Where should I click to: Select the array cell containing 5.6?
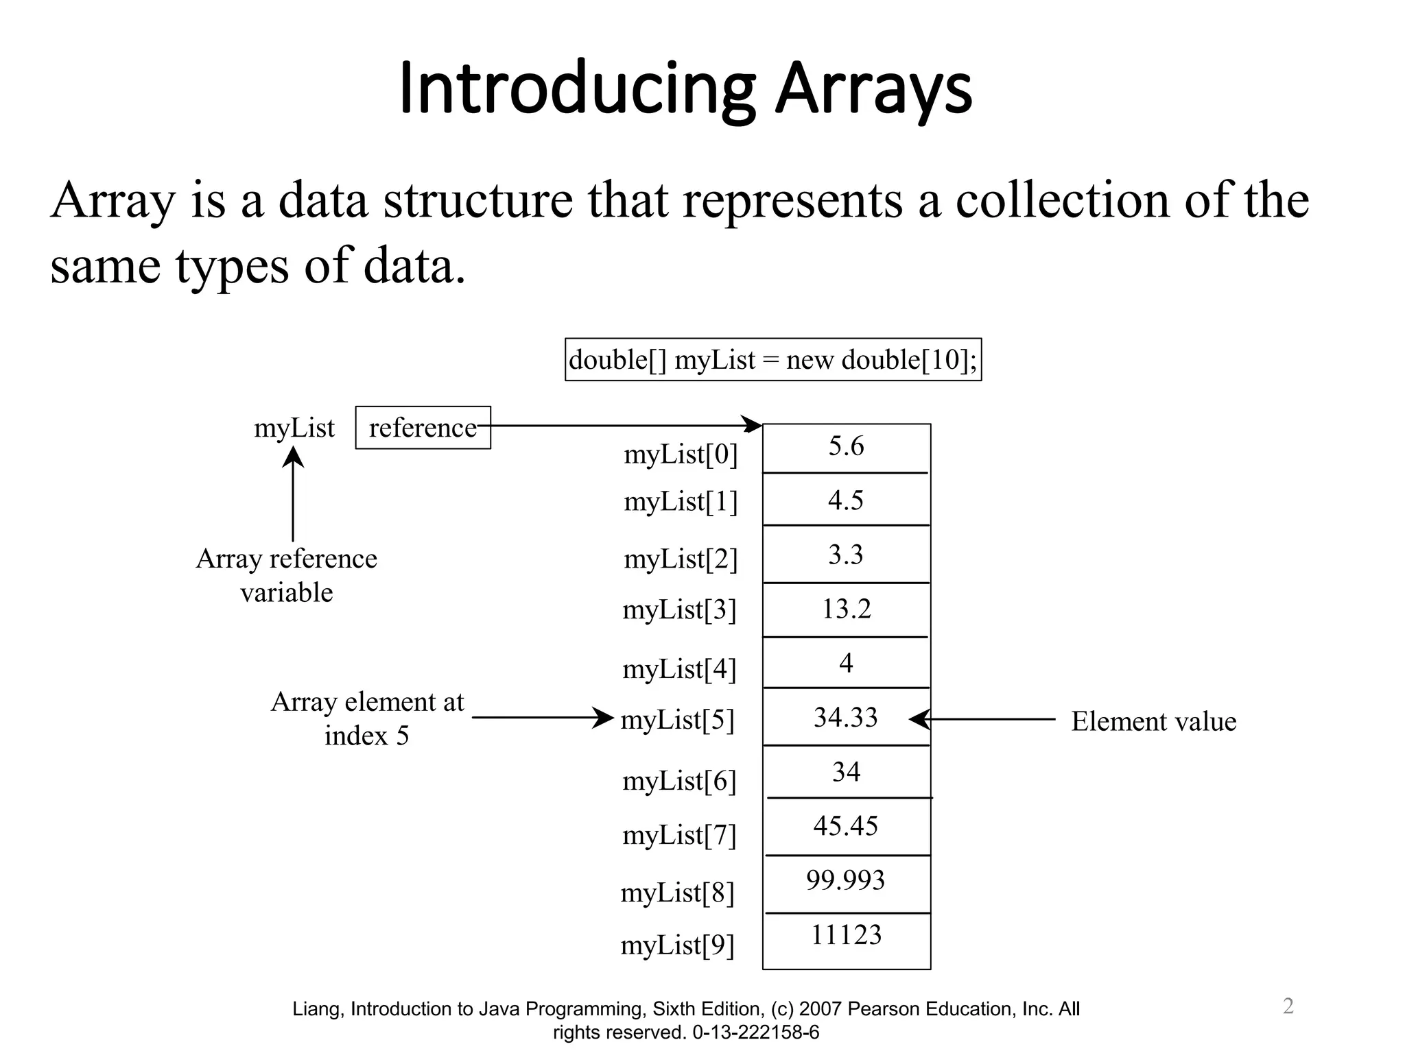(846, 446)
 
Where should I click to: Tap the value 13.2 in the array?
(846, 609)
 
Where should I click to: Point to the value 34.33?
(845, 717)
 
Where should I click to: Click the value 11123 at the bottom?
(846, 935)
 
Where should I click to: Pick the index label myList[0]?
(681, 455)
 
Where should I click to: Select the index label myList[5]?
(678, 721)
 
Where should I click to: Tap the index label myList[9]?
(678, 946)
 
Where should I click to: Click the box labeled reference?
(423, 428)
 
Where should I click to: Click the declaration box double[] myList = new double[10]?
(773, 360)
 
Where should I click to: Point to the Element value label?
(1154, 721)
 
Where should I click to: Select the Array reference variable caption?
(287, 575)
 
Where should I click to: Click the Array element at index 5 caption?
(368, 718)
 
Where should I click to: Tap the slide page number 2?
(1288, 1006)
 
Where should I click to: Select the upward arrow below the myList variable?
(293, 494)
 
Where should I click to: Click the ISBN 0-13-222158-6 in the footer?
(755, 1032)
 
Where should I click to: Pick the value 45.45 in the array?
(845, 826)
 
